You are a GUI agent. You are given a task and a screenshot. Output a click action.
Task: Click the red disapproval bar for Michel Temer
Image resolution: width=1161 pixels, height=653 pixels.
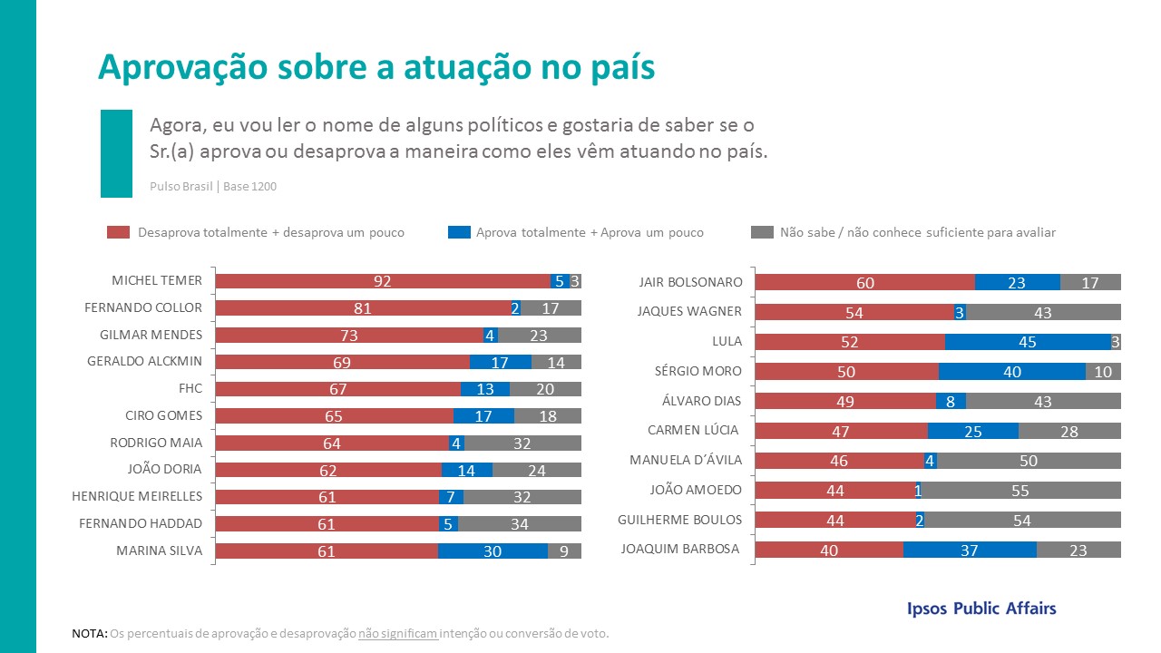tap(382, 281)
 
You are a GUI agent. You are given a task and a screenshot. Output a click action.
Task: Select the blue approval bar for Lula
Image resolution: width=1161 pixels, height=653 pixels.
tap(1027, 341)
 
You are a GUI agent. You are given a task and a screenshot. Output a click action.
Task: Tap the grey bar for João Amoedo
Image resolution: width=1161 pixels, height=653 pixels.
tap(1021, 490)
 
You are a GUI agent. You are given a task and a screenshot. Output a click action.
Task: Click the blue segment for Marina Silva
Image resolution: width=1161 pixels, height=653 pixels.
tap(493, 551)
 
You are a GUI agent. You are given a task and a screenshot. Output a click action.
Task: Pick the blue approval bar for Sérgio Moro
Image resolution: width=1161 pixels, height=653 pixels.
tap(1011, 371)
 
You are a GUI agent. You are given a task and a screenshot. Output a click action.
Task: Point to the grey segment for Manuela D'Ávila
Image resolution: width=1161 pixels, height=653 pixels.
tap(1029, 461)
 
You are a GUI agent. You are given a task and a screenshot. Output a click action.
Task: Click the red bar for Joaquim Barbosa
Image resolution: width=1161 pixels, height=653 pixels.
tap(829, 550)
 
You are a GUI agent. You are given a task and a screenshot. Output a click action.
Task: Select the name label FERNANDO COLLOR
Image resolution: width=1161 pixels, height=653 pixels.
tap(143, 307)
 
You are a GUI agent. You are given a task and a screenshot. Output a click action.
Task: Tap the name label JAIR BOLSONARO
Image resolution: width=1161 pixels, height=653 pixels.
tap(690, 282)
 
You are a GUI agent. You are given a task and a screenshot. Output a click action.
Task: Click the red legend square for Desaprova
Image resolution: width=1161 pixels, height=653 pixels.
tap(119, 232)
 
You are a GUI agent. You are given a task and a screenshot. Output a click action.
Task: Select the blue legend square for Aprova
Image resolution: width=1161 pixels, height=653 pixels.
tap(459, 232)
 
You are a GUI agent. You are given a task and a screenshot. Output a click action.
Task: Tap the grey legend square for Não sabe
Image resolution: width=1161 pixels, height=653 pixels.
tap(763, 232)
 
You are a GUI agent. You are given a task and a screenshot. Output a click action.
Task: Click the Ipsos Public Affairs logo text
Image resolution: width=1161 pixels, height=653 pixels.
tap(981, 609)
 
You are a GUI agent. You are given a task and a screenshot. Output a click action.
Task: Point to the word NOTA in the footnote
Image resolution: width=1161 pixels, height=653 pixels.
tap(88, 633)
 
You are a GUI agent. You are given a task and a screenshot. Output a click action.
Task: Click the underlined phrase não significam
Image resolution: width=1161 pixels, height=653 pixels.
tap(398, 633)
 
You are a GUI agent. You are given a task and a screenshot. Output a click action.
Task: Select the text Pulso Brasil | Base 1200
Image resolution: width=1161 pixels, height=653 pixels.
tap(213, 187)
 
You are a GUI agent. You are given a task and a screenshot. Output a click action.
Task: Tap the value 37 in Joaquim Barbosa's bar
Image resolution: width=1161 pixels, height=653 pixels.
tap(970, 550)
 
